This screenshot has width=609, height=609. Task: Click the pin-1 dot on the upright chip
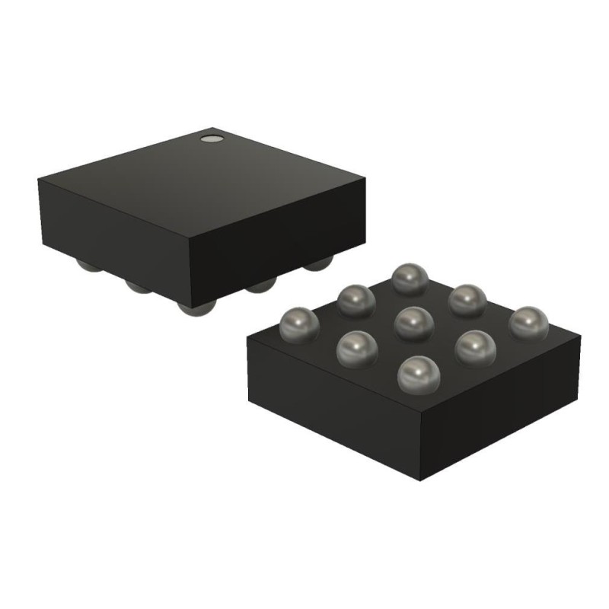[x=209, y=139]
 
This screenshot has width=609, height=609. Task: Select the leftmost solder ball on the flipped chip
[x=298, y=324]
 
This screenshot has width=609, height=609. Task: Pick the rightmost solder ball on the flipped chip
[x=528, y=323]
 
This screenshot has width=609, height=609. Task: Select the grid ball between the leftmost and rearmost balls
[x=355, y=300]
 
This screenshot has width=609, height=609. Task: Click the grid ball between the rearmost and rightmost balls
[x=467, y=300]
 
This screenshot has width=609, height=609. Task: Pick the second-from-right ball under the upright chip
[x=261, y=285]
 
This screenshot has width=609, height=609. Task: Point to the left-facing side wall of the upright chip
[x=114, y=228]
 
